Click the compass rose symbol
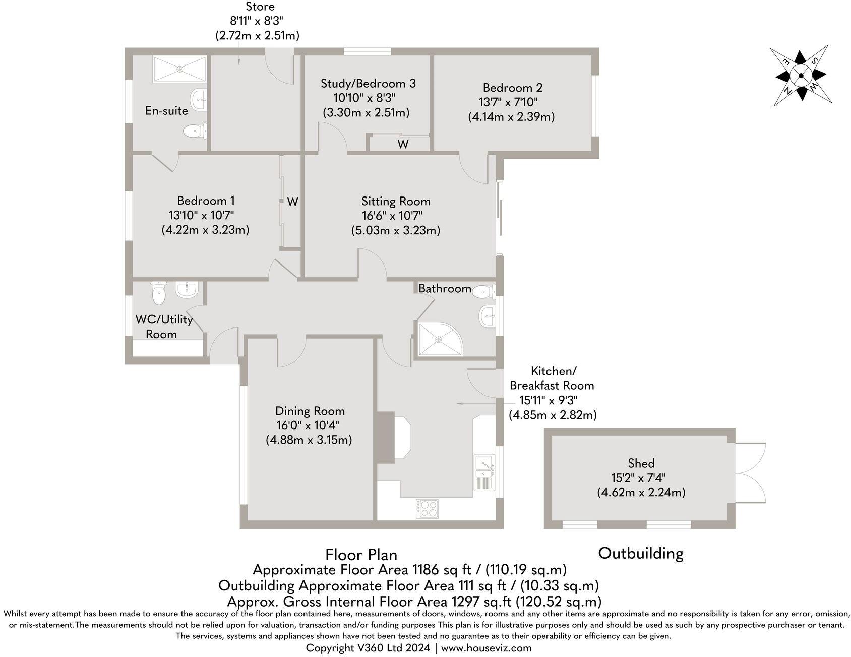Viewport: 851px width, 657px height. [x=801, y=76]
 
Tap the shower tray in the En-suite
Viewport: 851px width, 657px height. [x=179, y=69]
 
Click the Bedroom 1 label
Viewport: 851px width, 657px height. [x=206, y=201]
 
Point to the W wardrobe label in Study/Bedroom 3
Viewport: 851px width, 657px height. [x=402, y=144]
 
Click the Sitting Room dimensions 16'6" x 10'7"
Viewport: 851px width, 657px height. [x=392, y=216]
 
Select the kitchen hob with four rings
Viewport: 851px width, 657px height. [x=428, y=508]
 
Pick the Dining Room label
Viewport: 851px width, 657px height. [x=310, y=411]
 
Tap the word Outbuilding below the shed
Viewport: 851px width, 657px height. [x=640, y=553]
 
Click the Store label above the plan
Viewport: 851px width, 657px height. [x=260, y=7]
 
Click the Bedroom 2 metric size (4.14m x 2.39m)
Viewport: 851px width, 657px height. [x=511, y=117]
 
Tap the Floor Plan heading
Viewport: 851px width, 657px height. [x=361, y=555]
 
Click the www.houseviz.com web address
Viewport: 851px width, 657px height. [x=486, y=648]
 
